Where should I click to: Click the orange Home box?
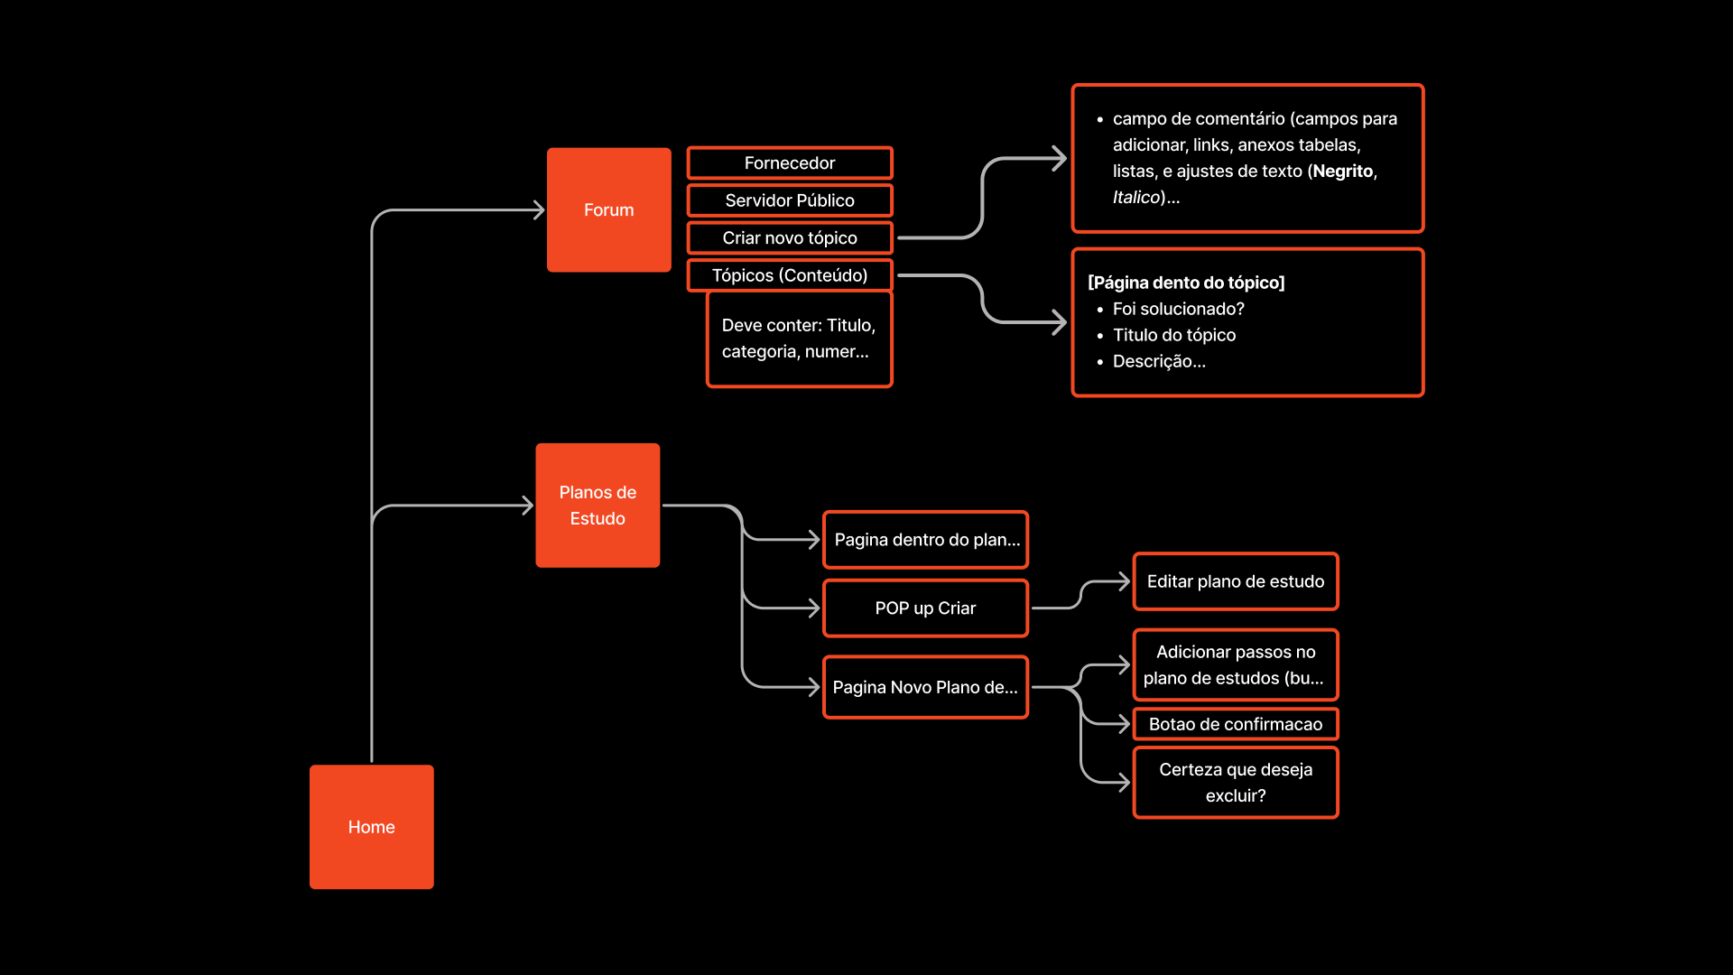(371, 827)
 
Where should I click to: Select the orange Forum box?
(608, 209)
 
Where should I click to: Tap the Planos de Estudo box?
(598, 505)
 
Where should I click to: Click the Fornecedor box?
(790, 163)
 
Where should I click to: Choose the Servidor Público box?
(790, 200)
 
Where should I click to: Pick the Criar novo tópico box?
(790, 238)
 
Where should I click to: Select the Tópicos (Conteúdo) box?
(790, 275)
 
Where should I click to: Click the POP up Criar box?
(925, 608)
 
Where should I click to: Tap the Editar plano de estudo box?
(1236, 581)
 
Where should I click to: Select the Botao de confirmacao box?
(1236, 724)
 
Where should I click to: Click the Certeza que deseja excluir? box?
(1236, 783)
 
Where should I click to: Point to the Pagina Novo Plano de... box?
(925, 687)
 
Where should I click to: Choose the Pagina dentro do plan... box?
(925, 540)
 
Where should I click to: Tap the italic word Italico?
(1135, 198)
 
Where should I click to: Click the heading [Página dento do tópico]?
(1186, 283)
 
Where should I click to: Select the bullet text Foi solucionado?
(1178, 309)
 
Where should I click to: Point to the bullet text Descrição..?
(1158, 361)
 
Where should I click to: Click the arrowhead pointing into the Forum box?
(539, 210)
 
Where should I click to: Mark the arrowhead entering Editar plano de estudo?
(1124, 581)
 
